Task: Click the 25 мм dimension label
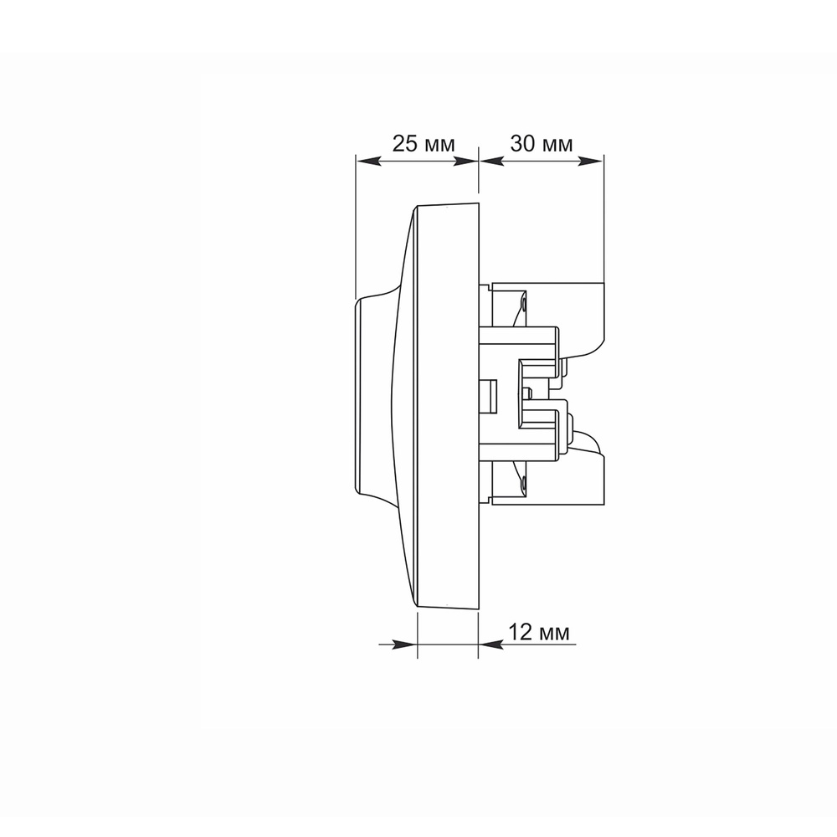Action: [x=424, y=144]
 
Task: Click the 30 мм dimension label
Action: [x=542, y=144]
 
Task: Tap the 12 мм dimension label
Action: [x=538, y=632]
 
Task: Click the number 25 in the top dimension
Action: [x=404, y=144]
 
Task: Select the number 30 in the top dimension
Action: [x=522, y=144]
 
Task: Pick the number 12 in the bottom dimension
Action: [x=520, y=632]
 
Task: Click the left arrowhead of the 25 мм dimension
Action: [x=369, y=162]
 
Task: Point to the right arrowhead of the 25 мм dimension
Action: [x=465, y=162]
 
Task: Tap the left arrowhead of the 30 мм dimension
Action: [x=492, y=162]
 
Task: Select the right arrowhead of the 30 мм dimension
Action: [x=590, y=162]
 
